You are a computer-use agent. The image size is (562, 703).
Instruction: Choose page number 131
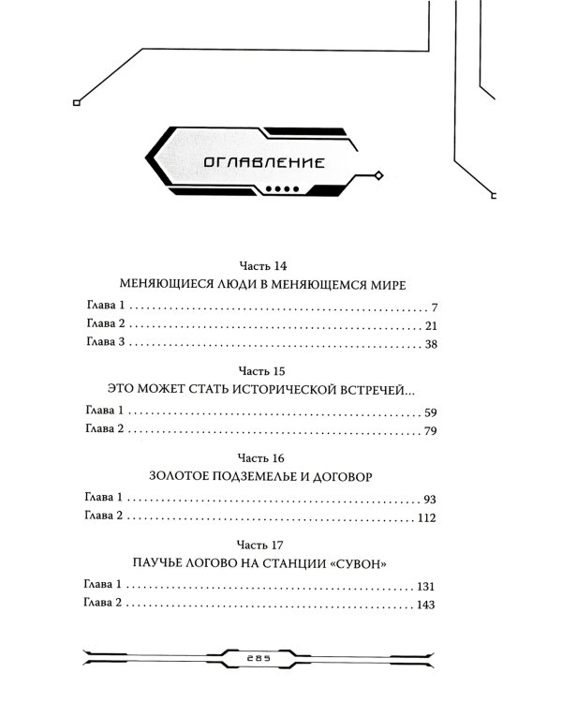point(426,585)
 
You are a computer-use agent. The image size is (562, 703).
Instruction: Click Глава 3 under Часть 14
point(98,345)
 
